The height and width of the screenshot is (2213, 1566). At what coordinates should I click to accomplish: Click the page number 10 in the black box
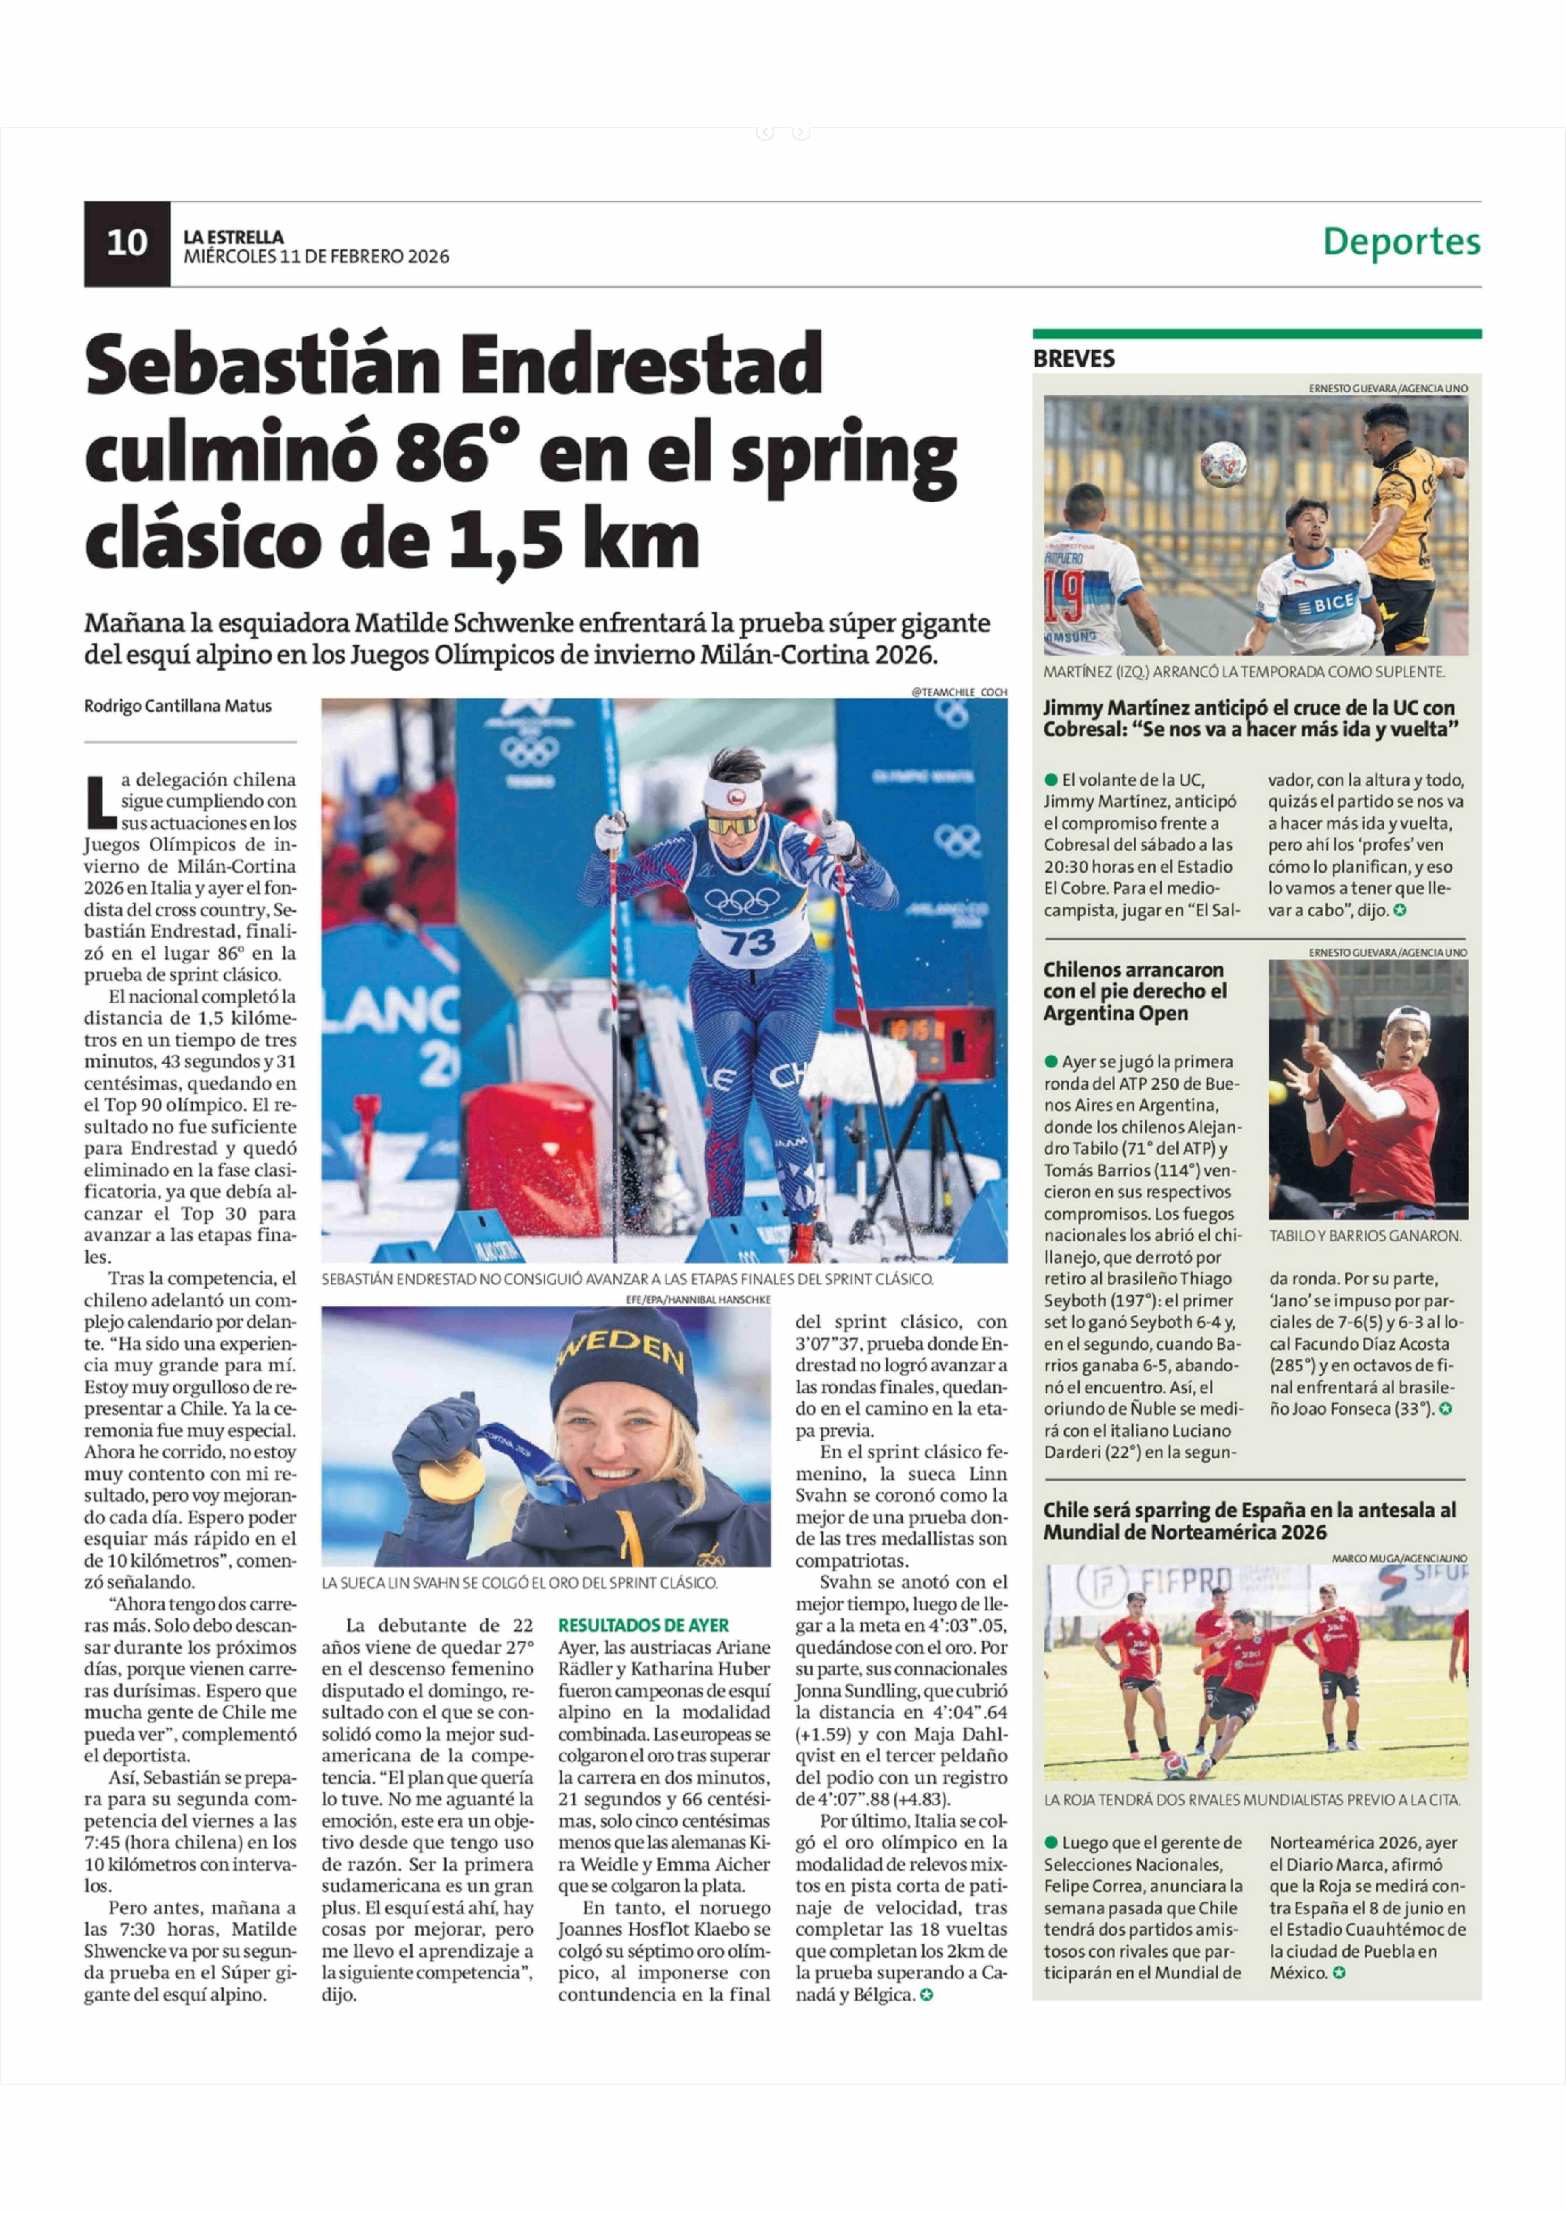coord(126,243)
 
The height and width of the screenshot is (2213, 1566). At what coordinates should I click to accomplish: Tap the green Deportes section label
coord(1401,241)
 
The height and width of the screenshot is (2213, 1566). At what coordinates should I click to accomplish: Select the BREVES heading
coord(1073,359)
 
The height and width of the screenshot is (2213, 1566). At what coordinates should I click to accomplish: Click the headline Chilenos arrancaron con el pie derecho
coord(1134,991)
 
